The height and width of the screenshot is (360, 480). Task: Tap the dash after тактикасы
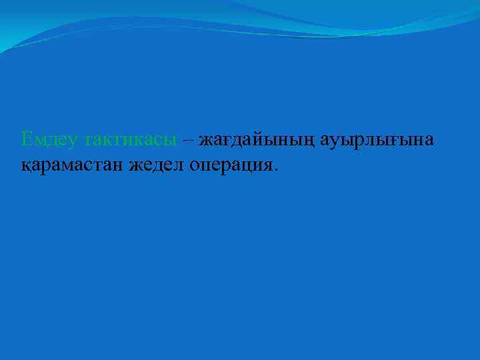pos(188,140)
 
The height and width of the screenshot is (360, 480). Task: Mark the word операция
pos(230,165)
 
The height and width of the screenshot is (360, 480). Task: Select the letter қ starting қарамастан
pos(25,165)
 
